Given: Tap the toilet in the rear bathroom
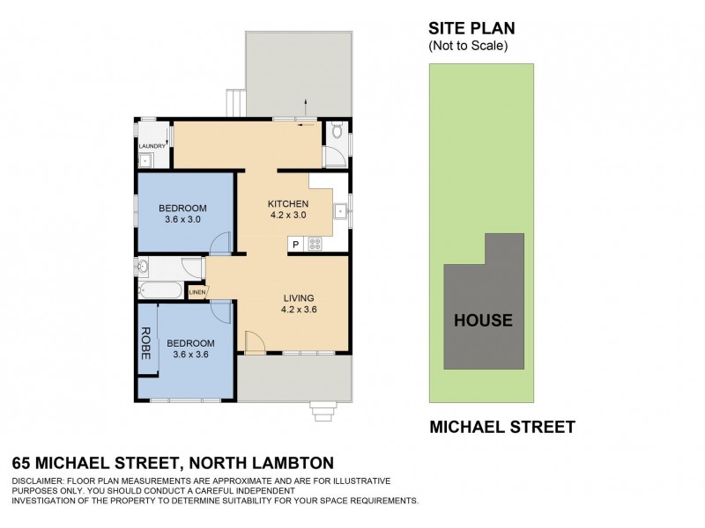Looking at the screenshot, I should (x=336, y=134).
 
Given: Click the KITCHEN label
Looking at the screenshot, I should (x=287, y=203).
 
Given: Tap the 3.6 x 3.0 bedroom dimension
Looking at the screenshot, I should (x=183, y=219).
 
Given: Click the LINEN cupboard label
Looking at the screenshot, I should (x=197, y=292).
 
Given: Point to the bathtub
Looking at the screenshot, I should (x=161, y=291).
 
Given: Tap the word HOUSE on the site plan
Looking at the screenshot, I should (x=482, y=320).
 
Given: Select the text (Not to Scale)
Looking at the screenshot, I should (x=469, y=46).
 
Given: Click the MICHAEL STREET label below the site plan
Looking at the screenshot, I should (x=502, y=428).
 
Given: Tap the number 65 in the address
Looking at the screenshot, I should (x=24, y=462).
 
